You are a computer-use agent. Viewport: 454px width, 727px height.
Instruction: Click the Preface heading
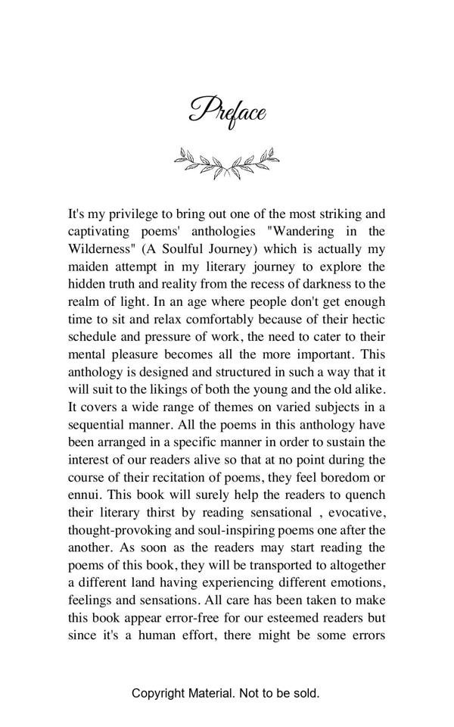click(x=227, y=112)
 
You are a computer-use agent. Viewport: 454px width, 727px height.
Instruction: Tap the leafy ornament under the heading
click(x=226, y=162)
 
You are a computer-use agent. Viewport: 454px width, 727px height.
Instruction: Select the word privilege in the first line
click(x=135, y=214)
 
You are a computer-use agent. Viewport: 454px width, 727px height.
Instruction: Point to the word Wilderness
click(x=101, y=248)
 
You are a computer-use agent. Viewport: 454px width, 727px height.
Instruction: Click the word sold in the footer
click(x=304, y=693)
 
